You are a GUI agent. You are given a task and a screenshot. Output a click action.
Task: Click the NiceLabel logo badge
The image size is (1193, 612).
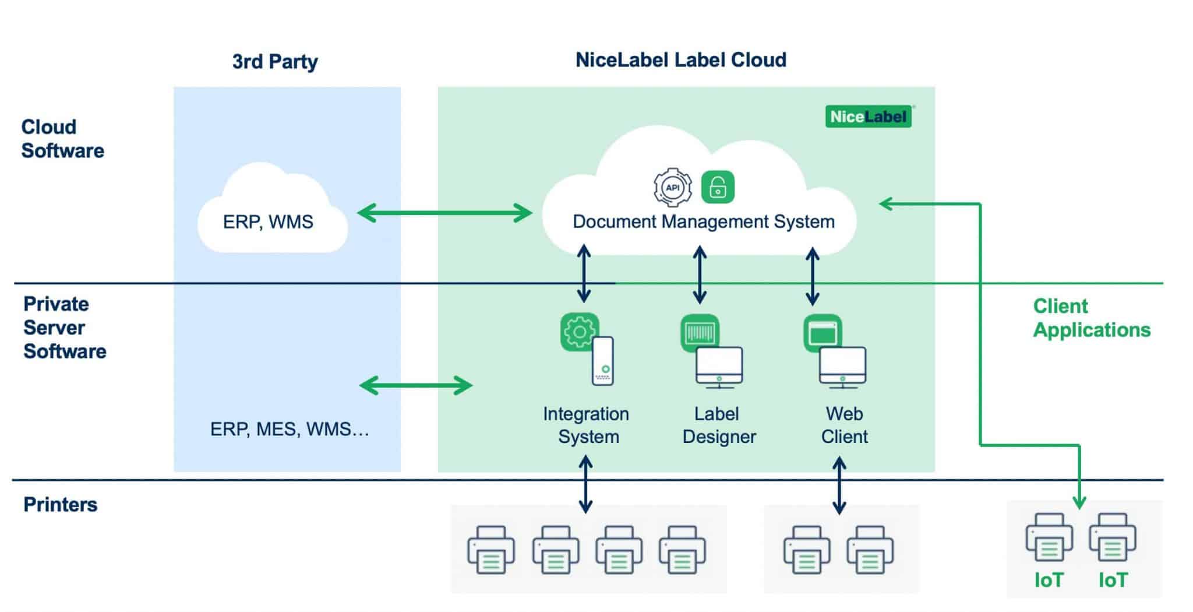point(868,117)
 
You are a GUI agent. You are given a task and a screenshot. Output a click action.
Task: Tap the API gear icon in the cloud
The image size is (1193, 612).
point(673,187)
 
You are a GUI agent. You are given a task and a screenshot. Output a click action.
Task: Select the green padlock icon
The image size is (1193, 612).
point(718,187)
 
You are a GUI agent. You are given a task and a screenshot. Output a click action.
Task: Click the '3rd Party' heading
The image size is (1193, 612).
point(275,61)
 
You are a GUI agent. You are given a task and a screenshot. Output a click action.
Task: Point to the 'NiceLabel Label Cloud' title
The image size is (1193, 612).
point(680,60)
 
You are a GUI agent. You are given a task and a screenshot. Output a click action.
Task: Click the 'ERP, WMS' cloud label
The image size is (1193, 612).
point(268,221)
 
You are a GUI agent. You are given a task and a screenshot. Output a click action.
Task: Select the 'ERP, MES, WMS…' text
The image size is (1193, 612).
point(290,430)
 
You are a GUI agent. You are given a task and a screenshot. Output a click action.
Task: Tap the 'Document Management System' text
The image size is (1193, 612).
point(703,221)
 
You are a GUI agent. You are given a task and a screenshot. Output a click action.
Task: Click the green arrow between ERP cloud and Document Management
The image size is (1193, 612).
point(444,213)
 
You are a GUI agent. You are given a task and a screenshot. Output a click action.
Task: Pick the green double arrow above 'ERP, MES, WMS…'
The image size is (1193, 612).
point(416,385)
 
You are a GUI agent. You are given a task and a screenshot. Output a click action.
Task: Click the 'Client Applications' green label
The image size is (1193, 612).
point(1091,318)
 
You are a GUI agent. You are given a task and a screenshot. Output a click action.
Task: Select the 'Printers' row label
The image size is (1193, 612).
point(60,504)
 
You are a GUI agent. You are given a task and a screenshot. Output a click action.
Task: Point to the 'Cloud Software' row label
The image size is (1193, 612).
point(62,139)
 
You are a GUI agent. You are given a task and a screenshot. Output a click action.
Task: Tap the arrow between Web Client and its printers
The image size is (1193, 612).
point(839,486)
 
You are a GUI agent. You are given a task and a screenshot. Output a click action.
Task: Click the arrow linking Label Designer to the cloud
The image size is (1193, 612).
point(700,275)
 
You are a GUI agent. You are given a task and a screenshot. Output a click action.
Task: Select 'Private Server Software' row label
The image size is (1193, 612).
point(64,328)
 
